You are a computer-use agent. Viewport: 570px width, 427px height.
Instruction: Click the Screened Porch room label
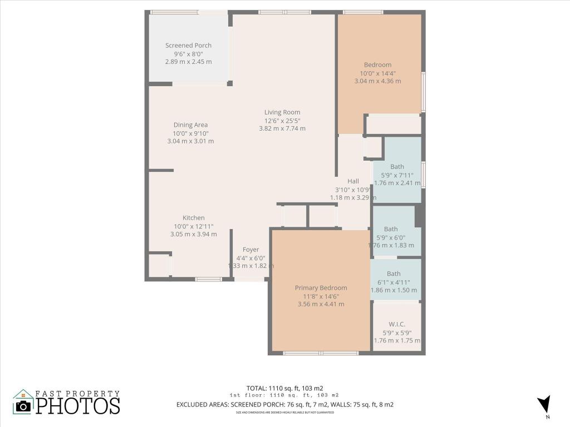click(188, 46)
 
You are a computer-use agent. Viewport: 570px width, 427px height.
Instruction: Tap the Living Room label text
click(282, 112)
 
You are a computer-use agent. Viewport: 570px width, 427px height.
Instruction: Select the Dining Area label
click(190, 125)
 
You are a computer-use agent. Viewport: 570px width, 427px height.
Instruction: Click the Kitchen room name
click(194, 218)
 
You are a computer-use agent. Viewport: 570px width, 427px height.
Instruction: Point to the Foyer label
click(250, 250)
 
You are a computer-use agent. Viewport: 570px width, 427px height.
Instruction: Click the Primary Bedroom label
click(321, 288)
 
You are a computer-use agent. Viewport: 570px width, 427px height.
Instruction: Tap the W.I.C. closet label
click(397, 324)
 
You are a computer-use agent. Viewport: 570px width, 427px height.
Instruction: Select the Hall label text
click(353, 181)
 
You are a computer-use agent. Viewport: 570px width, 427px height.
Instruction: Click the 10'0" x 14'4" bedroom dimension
click(377, 73)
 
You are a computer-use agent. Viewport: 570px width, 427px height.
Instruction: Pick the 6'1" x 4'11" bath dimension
click(394, 282)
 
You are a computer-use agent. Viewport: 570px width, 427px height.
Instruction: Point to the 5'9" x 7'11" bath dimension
click(397, 175)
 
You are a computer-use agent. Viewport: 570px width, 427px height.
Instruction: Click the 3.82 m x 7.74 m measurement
click(282, 128)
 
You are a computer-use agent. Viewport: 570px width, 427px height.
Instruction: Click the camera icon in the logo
click(23, 405)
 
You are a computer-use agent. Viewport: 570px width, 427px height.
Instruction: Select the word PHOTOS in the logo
click(78, 405)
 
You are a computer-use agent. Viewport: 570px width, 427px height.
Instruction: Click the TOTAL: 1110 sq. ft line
click(284, 388)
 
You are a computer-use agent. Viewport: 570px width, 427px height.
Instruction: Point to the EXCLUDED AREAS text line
click(284, 405)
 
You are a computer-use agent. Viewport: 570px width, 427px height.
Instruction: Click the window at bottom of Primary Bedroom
click(321, 353)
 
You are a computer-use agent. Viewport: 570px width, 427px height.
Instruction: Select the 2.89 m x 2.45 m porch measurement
click(188, 62)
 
